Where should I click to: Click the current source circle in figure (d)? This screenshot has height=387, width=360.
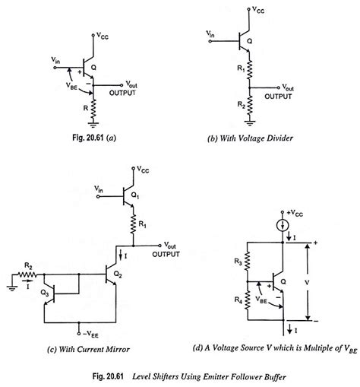coord(282,226)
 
